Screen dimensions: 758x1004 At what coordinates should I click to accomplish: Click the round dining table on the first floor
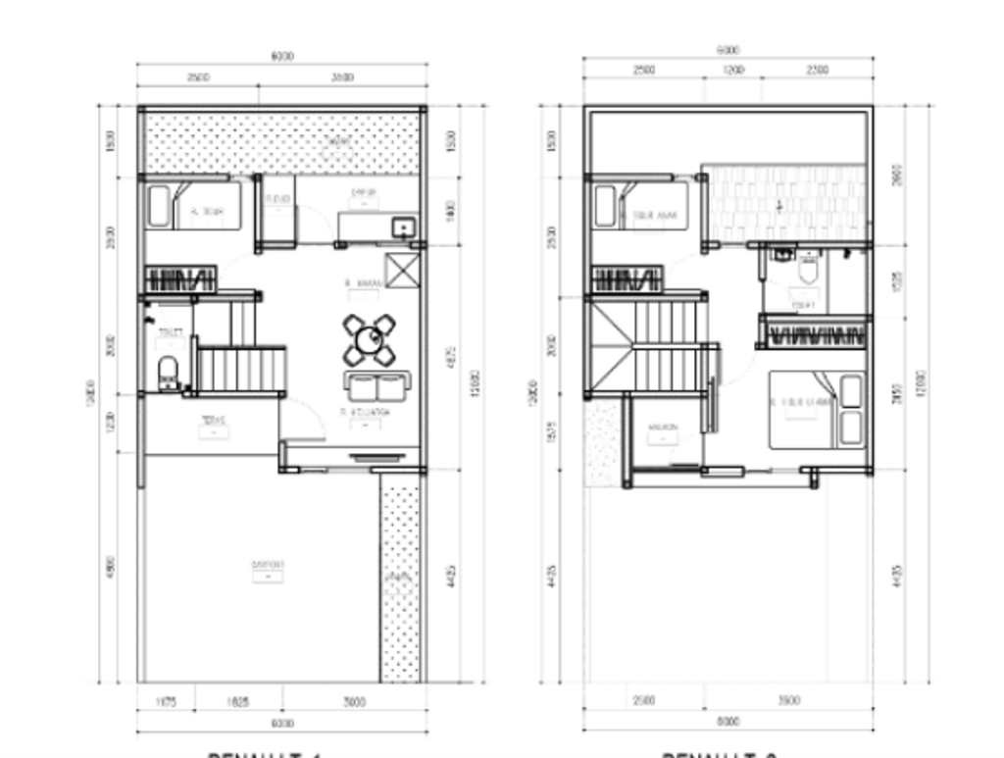(369, 340)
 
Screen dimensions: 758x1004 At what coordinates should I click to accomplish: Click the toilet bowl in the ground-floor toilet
(169, 374)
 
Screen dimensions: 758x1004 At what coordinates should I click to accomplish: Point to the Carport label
(268, 566)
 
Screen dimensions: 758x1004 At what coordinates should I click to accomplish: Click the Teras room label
(213, 422)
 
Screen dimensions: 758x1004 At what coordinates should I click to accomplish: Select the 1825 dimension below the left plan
(238, 702)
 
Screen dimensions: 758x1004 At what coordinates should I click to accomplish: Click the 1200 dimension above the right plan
(732, 70)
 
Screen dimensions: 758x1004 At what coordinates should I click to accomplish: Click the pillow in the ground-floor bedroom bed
(160, 206)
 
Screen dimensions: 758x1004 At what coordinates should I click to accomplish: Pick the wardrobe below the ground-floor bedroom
(180, 278)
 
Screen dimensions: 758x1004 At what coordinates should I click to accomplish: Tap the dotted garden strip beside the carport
(400, 579)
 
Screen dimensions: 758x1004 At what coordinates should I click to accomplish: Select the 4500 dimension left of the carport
(112, 568)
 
